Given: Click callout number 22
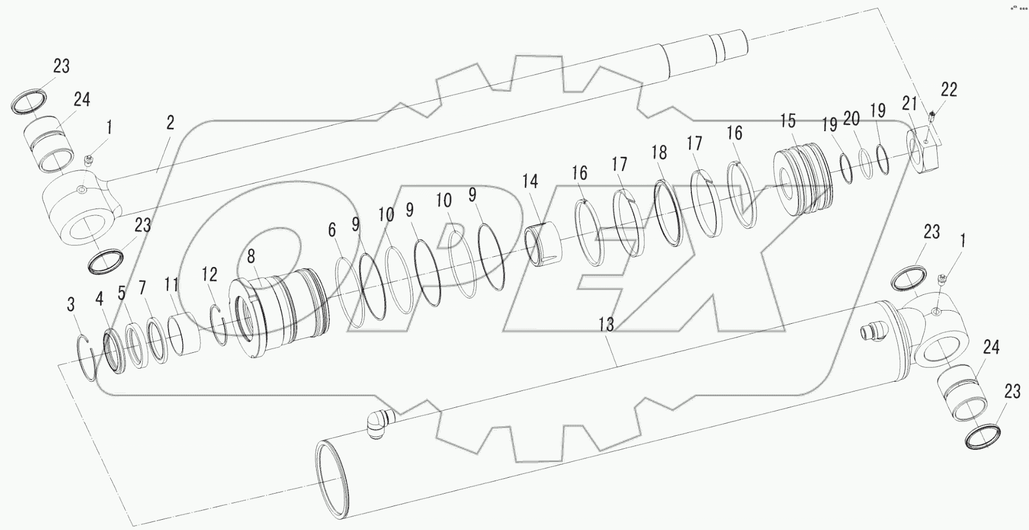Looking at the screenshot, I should (948, 89).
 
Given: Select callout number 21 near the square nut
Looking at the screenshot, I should (909, 103).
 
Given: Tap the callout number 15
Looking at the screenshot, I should (788, 121).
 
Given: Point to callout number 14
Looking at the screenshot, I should (530, 181).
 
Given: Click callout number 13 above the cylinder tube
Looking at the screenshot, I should (606, 325).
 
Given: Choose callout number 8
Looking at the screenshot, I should (250, 257).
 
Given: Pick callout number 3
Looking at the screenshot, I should (70, 304).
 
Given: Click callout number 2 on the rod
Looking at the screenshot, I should (170, 122).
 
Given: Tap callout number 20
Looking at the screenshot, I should (851, 119).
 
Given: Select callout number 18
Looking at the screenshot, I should (659, 152).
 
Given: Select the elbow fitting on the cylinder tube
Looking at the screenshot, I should (377, 423).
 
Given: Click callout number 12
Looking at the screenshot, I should (209, 274).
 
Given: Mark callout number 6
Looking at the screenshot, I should (331, 230).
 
